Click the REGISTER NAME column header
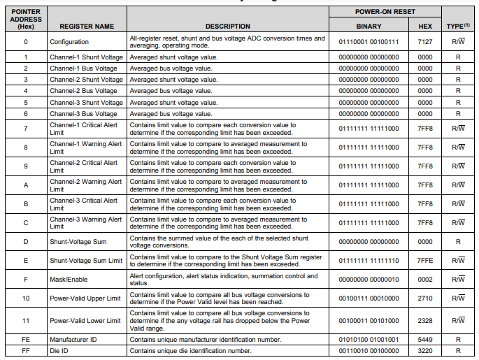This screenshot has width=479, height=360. pos(87,27)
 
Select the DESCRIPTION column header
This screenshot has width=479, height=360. pos(227,27)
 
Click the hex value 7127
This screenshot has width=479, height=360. pos(424,41)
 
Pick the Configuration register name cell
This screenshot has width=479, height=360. pos(69,41)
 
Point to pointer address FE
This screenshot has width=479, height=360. pos(25,339)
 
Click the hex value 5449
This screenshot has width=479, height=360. pos(424,339)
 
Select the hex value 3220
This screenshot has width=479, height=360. pos(424,350)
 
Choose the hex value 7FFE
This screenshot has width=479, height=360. pos(424,261)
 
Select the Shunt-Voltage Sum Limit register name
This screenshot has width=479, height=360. pos(86,261)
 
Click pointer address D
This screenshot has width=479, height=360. pos(25,242)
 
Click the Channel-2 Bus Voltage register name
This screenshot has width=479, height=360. pos(83,91)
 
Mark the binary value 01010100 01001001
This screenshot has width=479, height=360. pos(369,339)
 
